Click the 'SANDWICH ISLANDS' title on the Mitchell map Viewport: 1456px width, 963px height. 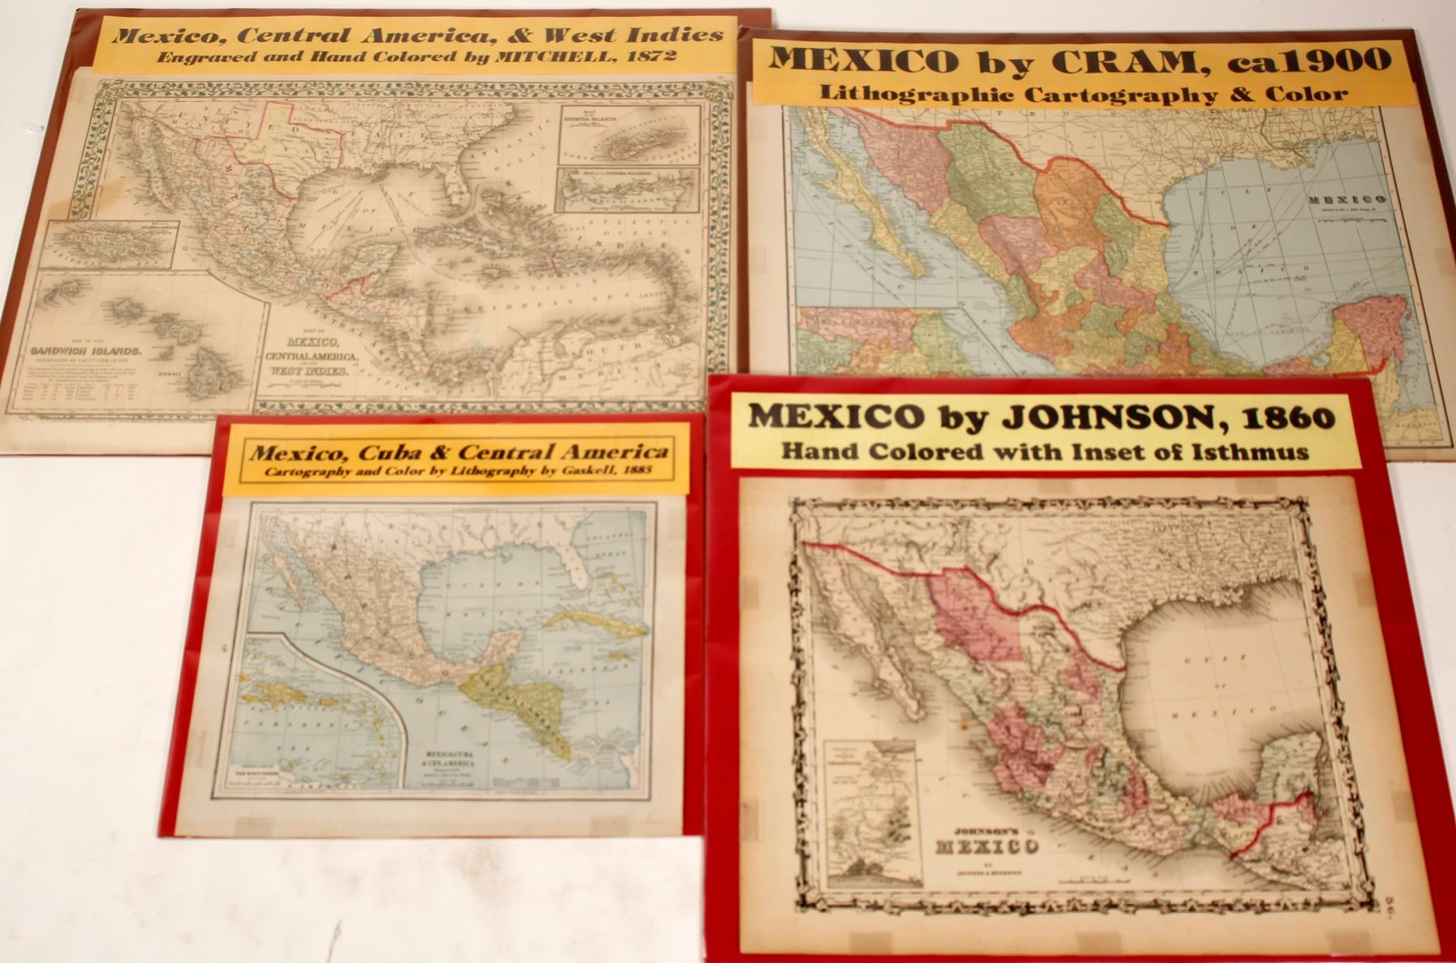coord(87,351)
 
